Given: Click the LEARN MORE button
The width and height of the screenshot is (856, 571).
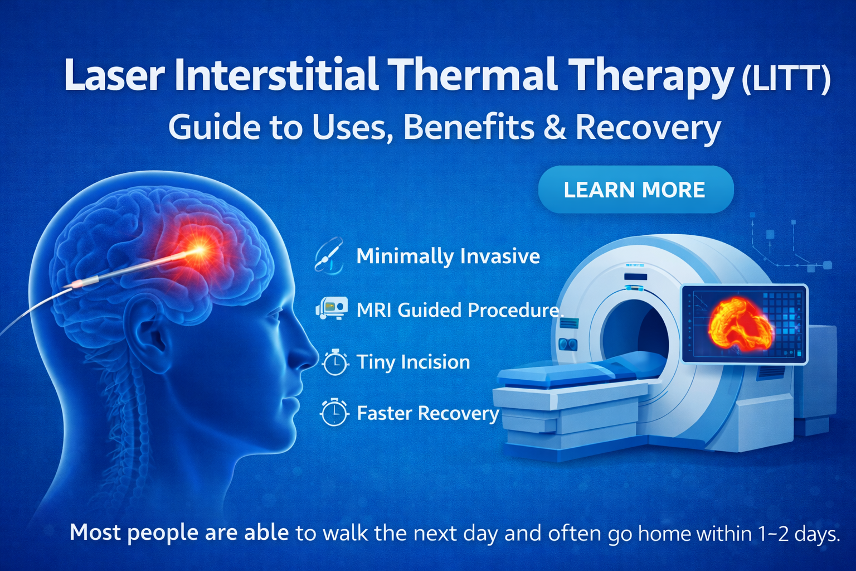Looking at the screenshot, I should click(635, 190).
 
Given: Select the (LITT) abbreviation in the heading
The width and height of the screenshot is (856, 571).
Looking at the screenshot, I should click(786, 79).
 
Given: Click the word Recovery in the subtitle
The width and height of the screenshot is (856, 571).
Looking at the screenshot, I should click(648, 128).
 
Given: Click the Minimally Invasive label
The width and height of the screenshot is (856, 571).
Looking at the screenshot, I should click(448, 257).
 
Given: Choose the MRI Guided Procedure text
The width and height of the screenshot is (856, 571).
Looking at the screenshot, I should click(458, 310).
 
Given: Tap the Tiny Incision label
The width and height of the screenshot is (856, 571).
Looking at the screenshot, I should click(413, 362).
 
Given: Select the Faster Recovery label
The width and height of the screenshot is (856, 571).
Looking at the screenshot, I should click(427, 414).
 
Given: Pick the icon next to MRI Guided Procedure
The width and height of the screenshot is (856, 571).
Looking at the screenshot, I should click(332, 308).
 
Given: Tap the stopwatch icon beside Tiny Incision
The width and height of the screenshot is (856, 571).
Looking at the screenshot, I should click(335, 362).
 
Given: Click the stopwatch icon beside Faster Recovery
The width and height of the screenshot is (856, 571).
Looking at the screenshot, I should click(334, 413).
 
